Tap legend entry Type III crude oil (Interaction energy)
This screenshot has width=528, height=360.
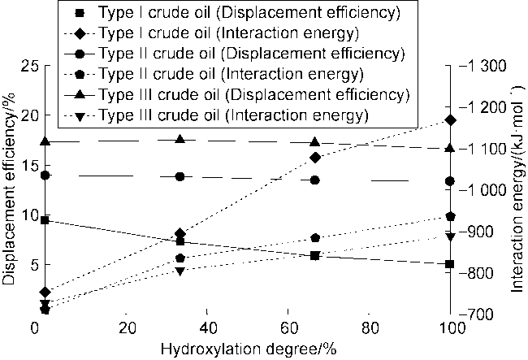click(x=244, y=115)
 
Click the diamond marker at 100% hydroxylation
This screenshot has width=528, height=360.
click(x=451, y=120)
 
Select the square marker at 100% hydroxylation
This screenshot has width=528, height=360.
click(x=451, y=264)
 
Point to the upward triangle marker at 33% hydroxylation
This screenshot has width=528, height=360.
click(x=180, y=140)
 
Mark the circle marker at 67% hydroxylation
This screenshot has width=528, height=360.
click(x=315, y=180)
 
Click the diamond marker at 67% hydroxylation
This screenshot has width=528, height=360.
click(x=315, y=157)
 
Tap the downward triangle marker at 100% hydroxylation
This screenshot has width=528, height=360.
click(x=451, y=236)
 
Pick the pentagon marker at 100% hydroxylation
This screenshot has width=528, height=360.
click(x=451, y=216)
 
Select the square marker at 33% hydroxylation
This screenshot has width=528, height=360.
click(x=180, y=241)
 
